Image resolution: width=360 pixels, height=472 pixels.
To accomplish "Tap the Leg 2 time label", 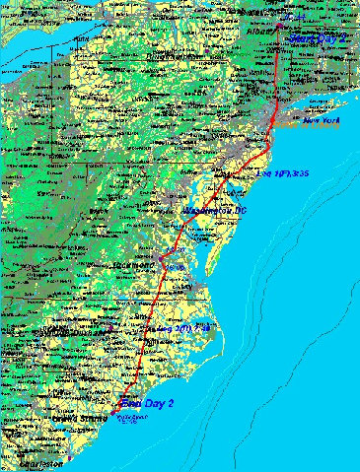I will [180, 327].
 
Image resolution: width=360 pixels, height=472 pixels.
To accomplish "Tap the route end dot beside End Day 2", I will [120, 403].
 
